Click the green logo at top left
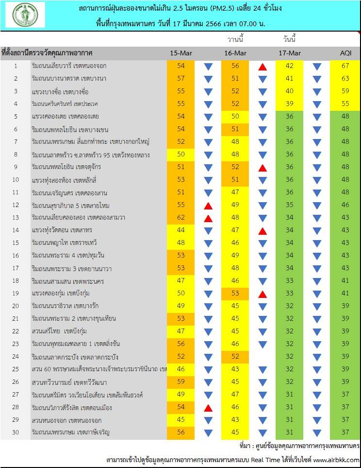(x=25, y=16)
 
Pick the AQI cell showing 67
(x=345, y=66)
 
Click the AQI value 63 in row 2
(x=345, y=78)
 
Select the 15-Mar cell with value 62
(x=180, y=217)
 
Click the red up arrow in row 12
(x=209, y=205)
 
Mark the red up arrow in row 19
(x=263, y=294)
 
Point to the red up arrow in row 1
(x=263, y=66)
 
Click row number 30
(x=16, y=432)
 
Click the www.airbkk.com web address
(x=337, y=460)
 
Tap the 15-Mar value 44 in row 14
(x=180, y=230)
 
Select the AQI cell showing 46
(x=345, y=205)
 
